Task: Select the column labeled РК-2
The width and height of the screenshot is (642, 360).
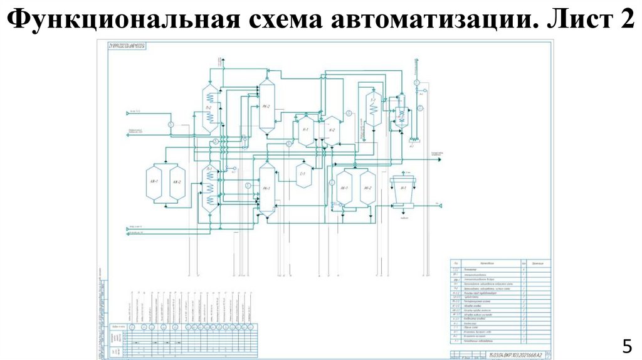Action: click(266, 107)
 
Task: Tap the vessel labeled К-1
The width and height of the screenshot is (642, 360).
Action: click(306, 130)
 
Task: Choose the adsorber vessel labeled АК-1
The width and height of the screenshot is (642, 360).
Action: click(154, 183)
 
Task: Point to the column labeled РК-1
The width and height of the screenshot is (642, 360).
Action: click(266, 188)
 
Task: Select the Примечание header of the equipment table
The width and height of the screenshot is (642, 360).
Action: click(538, 263)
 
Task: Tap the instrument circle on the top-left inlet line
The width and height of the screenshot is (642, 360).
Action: click(171, 124)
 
